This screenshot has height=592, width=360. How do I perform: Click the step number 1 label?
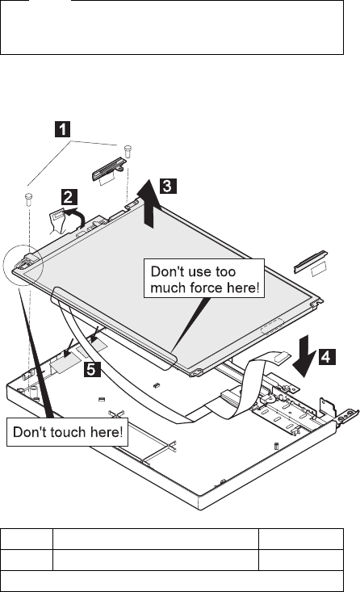tap(62, 129)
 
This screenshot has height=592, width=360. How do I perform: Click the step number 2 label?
tap(69, 197)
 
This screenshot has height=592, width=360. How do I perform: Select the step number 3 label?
tap(168, 186)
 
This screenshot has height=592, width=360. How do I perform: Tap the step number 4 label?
tap(327, 357)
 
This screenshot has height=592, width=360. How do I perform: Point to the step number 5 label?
tap(92, 369)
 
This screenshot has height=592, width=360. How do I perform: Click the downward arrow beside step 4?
tap(304, 355)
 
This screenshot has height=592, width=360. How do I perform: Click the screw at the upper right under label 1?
tap(128, 151)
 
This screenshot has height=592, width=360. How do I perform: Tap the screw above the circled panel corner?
tap(28, 199)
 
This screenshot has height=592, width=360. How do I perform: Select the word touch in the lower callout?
tap(69, 432)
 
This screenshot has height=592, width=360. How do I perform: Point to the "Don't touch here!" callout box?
tap(68, 432)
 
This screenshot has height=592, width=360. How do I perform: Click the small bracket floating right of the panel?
tap(311, 262)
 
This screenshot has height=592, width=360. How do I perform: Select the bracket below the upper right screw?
tap(109, 168)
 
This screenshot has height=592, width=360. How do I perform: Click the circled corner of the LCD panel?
tap(23, 265)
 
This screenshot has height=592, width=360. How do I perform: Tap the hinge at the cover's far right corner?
tap(347, 418)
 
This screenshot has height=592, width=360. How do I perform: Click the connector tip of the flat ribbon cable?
tap(283, 355)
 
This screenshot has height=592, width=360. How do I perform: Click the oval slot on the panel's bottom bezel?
tap(272, 326)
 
